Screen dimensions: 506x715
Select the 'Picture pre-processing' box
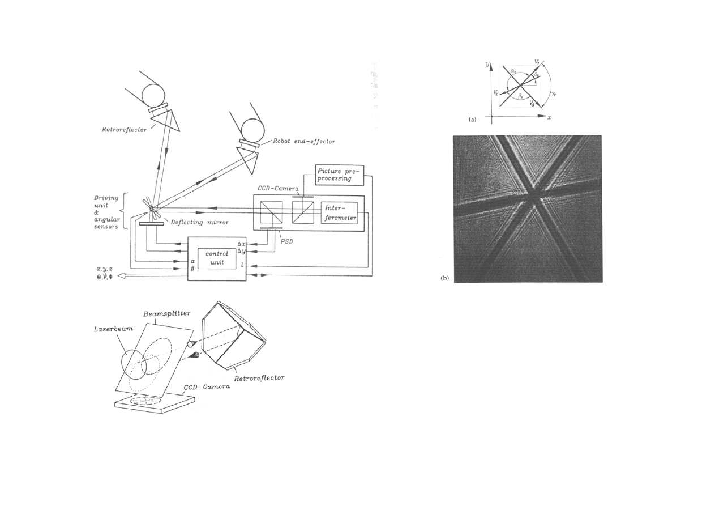pos(339,174)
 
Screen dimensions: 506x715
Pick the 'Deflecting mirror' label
pos(199,223)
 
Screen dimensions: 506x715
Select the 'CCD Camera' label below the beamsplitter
pos(208,389)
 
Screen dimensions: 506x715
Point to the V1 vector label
pos(537,61)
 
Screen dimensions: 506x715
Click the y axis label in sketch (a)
pos(487,65)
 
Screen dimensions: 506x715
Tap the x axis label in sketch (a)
pos(549,117)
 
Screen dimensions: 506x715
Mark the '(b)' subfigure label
pos(445,278)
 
